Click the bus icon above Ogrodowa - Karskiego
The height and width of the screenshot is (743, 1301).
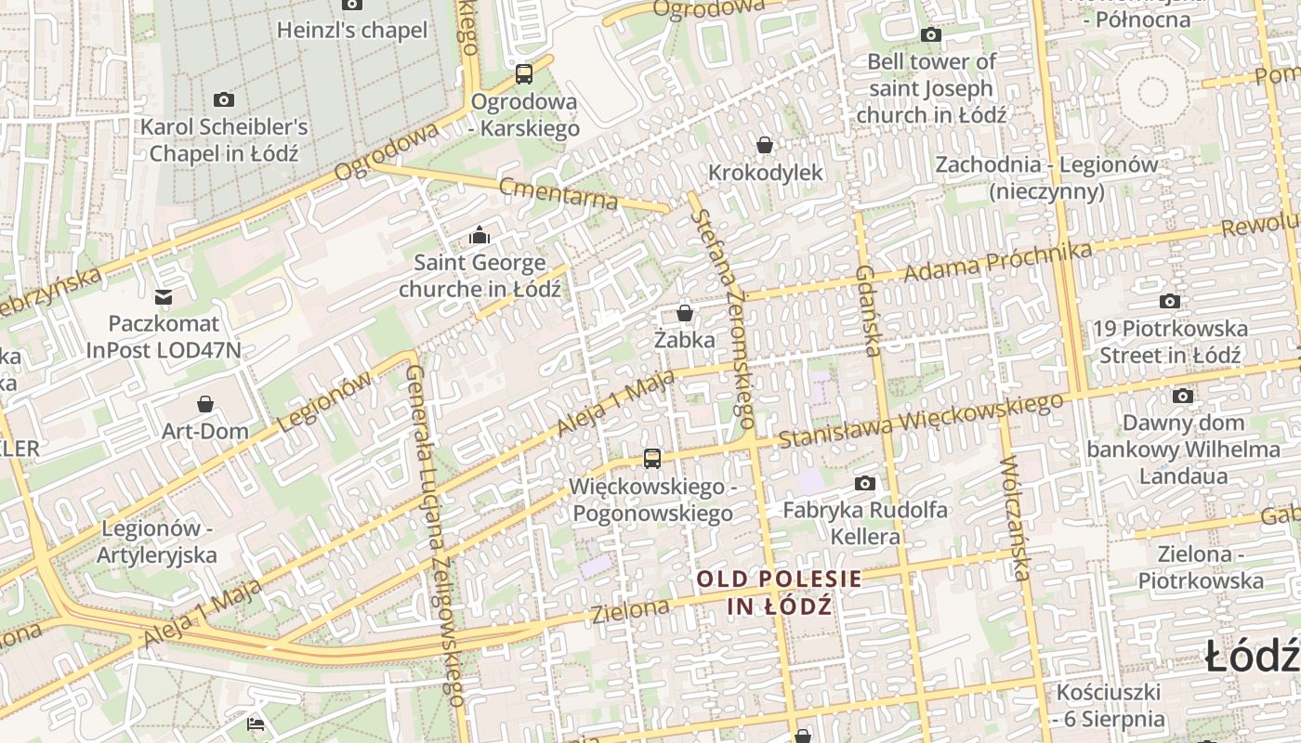[x=524, y=74]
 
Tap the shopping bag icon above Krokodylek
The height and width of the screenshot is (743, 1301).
[x=765, y=145]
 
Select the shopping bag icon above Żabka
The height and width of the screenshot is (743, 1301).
[x=685, y=313]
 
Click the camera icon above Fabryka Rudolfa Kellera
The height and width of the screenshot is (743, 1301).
[x=865, y=483]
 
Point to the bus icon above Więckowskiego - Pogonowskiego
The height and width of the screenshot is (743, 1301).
[x=652, y=458]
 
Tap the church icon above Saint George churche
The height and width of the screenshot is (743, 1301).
[x=480, y=235]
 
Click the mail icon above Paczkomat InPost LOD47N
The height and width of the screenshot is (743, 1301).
[x=164, y=297]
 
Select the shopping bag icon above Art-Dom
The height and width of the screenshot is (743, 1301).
[x=205, y=404]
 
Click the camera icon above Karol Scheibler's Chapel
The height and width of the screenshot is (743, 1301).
[x=224, y=99]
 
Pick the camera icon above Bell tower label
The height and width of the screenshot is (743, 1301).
[x=931, y=35]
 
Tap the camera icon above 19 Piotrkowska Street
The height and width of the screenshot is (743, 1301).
[x=1170, y=301]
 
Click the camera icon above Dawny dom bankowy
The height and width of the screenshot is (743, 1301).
[x=1182, y=397]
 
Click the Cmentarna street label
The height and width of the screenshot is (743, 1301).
[x=559, y=193]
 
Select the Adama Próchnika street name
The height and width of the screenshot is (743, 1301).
[x=997, y=262]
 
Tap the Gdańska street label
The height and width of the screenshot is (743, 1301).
[x=868, y=311]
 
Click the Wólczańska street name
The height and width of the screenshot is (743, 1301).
[x=1017, y=517]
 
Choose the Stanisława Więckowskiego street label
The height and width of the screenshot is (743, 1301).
[x=920, y=421]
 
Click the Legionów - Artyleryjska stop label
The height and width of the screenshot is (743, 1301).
[x=158, y=541]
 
